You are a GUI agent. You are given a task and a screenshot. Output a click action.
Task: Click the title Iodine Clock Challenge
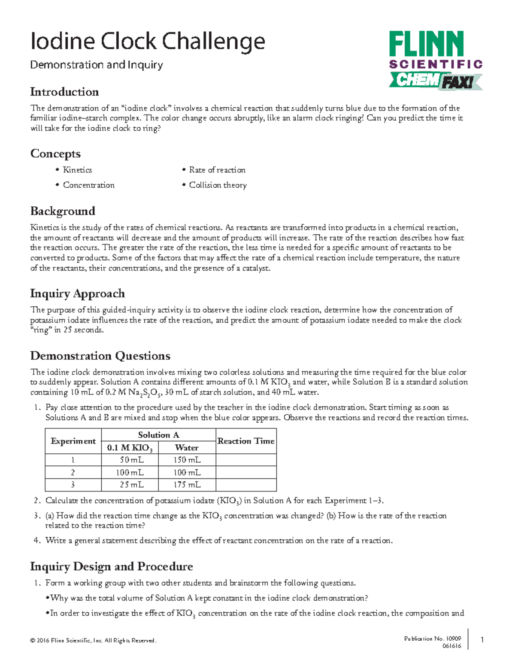[x=148, y=42]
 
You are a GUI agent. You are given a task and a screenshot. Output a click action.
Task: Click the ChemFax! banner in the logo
[x=435, y=81]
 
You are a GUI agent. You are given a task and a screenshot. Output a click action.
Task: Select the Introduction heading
[x=64, y=92]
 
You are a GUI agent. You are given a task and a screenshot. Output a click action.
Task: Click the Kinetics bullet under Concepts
[x=77, y=170]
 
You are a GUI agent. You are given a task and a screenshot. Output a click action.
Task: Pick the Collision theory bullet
[x=218, y=185]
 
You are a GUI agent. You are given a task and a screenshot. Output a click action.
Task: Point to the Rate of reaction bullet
[x=217, y=170]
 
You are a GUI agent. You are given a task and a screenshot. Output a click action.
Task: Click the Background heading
[x=63, y=211]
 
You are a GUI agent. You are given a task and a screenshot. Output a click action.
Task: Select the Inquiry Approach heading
[x=77, y=294]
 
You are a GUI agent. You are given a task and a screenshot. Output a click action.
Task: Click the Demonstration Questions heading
[x=100, y=356]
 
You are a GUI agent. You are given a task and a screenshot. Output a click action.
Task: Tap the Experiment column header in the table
[x=73, y=441]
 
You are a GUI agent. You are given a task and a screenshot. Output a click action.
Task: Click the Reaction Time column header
[x=246, y=441]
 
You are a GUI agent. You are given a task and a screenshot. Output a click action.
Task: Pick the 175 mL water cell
[x=187, y=485]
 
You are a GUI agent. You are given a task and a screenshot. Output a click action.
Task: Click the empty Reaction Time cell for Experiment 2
[x=246, y=473]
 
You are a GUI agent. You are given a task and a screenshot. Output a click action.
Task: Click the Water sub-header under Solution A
[x=187, y=448]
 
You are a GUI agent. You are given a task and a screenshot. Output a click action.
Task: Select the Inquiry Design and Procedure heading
[x=111, y=567]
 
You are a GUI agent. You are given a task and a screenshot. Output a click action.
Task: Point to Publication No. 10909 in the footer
[x=432, y=639]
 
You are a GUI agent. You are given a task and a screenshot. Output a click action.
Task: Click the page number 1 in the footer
[x=482, y=640]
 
